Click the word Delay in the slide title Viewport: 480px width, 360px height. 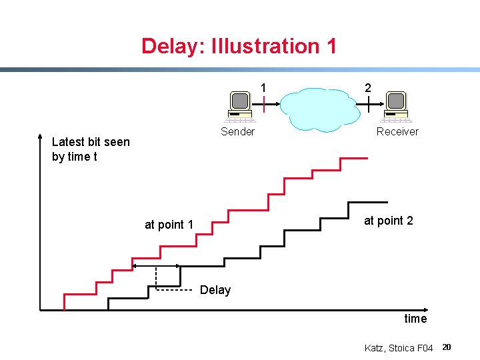[x=172, y=46]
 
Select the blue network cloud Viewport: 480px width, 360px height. [x=318, y=108]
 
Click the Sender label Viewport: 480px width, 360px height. [x=237, y=131]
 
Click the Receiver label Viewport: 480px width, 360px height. [x=397, y=131]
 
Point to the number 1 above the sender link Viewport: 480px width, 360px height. [x=264, y=87]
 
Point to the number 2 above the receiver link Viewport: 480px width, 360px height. [x=368, y=87]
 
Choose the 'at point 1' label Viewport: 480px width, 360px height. [x=169, y=225]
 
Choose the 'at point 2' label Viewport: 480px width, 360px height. [x=388, y=221]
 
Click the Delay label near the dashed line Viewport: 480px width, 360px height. [x=215, y=290]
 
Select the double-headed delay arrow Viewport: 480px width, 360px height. [x=156, y=266]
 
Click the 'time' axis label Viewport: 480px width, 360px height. [x=415, y=319]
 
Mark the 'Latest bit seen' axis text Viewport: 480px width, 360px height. [x=91, y=142]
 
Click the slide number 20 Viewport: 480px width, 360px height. [x=447, y=347]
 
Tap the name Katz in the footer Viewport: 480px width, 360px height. [x=375, y=348]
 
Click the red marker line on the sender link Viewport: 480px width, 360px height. [x=264, y=104]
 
